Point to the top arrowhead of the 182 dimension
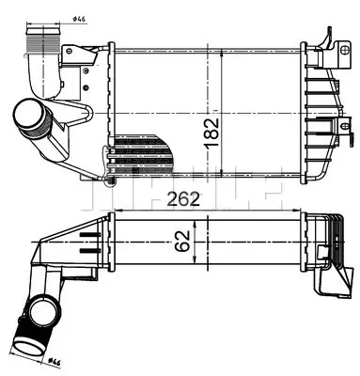[x=223, y=46]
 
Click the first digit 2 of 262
[x=174, y=198]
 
